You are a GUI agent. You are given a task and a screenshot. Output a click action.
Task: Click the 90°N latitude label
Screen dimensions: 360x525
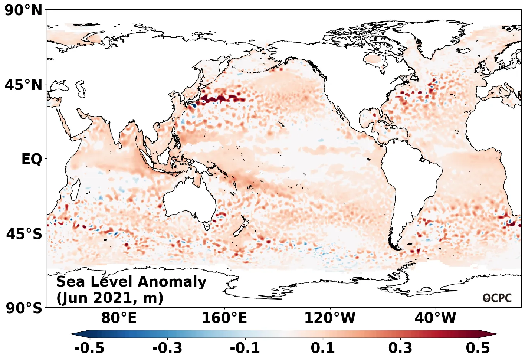point(24,10)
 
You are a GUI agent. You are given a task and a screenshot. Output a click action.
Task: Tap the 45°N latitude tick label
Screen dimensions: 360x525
point(24,85)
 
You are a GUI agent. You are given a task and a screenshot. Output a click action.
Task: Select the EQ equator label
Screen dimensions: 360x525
point(32,159)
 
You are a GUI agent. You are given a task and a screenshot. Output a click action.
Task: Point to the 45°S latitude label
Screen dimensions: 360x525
point(24,234)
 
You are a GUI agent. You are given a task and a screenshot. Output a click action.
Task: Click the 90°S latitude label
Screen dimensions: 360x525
point(24,308)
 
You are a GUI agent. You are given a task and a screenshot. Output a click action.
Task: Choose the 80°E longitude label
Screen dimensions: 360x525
point(119,318)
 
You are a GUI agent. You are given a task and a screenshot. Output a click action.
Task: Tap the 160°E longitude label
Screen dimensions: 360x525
point(224,318)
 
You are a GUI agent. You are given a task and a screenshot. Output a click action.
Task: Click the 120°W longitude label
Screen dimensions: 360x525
point(330,318)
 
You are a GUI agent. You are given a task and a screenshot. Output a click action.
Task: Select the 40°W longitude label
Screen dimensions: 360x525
point(435,318)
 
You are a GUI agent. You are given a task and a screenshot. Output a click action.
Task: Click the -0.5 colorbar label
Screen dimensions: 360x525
point(89,348)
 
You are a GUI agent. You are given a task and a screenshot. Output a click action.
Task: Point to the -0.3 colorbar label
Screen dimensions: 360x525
point(167,348)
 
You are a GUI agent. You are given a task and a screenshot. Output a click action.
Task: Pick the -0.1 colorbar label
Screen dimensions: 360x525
point(245,348)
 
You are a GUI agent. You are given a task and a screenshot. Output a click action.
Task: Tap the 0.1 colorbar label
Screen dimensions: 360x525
point(323,348)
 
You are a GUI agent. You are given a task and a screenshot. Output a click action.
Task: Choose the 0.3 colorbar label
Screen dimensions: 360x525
point(400,348)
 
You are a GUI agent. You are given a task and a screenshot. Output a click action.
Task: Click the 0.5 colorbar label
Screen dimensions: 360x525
point(478,348)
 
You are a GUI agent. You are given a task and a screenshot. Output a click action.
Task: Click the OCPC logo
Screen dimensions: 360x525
point(497,298)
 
